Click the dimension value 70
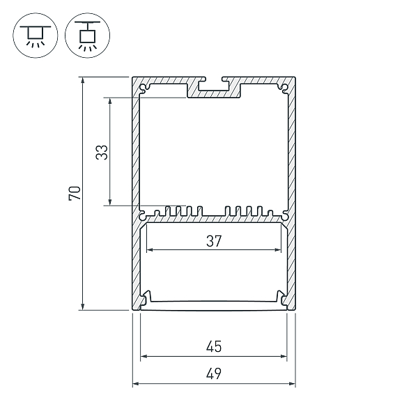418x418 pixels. [x=75, y=194]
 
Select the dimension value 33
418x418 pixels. [x=102, y=152]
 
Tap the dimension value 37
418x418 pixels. [x=214, y=241]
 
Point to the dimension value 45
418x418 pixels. [x=214, y=347]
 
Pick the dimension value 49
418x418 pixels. [x=214, y=373]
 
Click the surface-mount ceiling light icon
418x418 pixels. [x=36, y=36]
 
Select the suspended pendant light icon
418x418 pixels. [x=88, y=36]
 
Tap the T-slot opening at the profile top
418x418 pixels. [x=214, y=84]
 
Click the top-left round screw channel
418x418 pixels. [x=144, y=87]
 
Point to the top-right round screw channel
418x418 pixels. [x=284, y=87]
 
